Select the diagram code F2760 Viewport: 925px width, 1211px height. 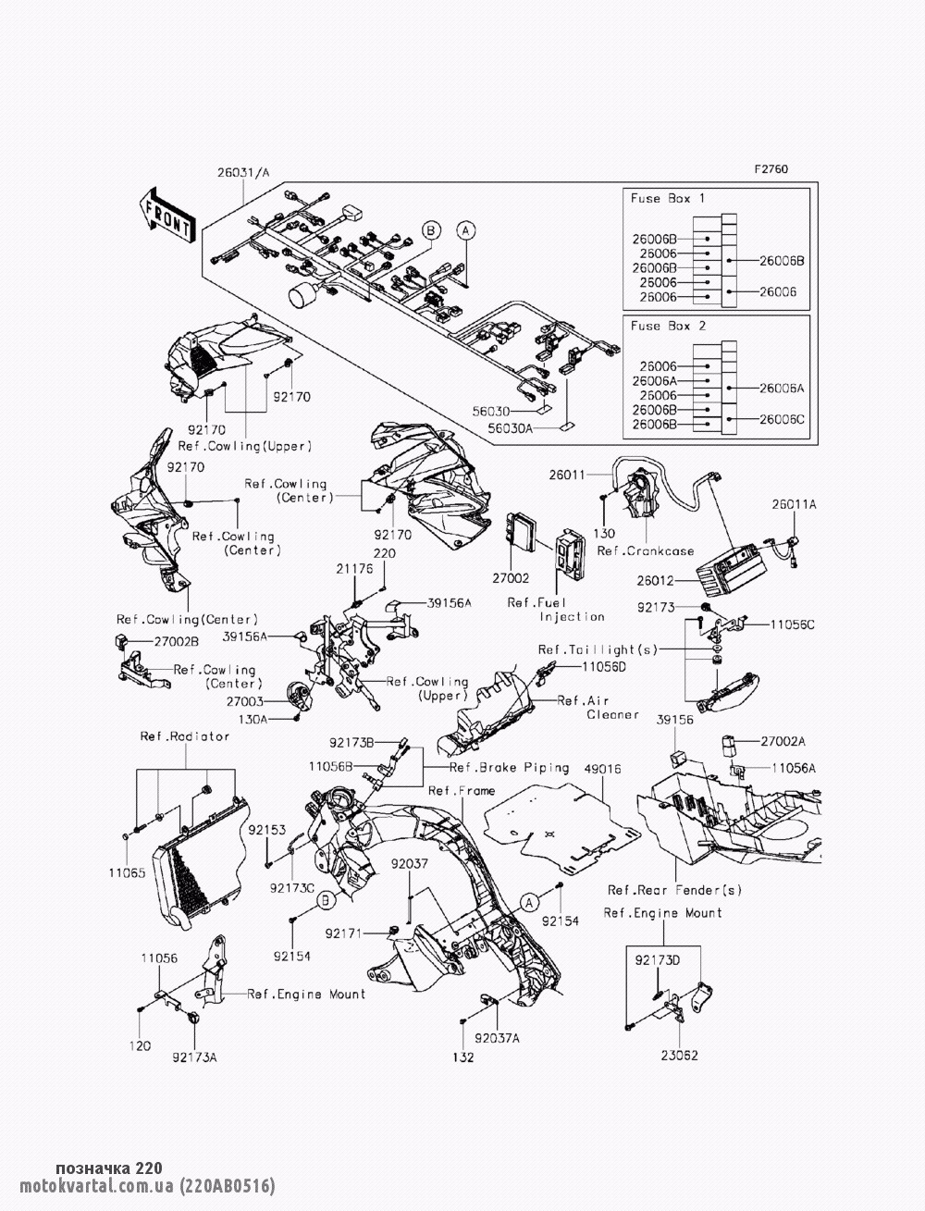click(x=771, y=169)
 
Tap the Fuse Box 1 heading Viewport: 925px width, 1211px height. click(x=667, y=199)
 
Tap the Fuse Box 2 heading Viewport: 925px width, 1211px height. click(x=667, y=326)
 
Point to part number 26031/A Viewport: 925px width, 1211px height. click(x=243, y=172)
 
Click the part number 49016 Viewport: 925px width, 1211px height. click(x=602, y=769)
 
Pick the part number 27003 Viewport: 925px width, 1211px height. click(x=243, y=702)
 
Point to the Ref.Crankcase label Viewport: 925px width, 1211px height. click(x=645, y=551)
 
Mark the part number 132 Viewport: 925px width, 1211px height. click(x=462, y=1057)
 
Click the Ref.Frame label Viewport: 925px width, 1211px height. click(x=462, y=791)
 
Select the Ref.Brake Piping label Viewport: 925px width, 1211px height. click(x=496, y=768)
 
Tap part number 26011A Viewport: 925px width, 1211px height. click(x=795, y=505)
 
